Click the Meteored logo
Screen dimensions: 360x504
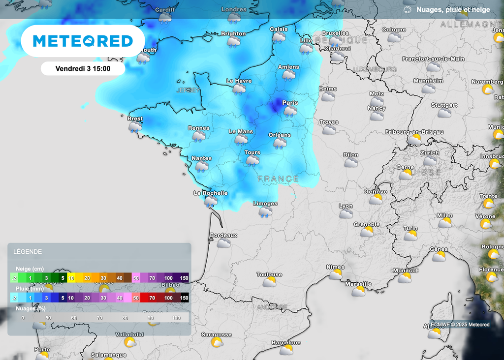83,41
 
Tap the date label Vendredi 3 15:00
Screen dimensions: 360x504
83,69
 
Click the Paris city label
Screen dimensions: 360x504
290,102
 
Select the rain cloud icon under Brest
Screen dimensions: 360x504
135,127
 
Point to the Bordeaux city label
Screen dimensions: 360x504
223,235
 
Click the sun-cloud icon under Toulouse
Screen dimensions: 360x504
269,282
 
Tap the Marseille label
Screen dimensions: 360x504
358,284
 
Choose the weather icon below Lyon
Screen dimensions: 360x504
346,214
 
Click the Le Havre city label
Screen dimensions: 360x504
239,81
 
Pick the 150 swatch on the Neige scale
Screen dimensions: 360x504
184,278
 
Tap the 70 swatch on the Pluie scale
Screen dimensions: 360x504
152,298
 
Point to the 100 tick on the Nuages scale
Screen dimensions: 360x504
177,318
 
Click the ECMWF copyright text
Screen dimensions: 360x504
460,325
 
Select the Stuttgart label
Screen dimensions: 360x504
444,105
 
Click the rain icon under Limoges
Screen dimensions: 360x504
265,212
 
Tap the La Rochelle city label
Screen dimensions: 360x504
211,193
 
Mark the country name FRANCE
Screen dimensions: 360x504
278,179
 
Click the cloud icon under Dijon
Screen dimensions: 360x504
351,163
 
